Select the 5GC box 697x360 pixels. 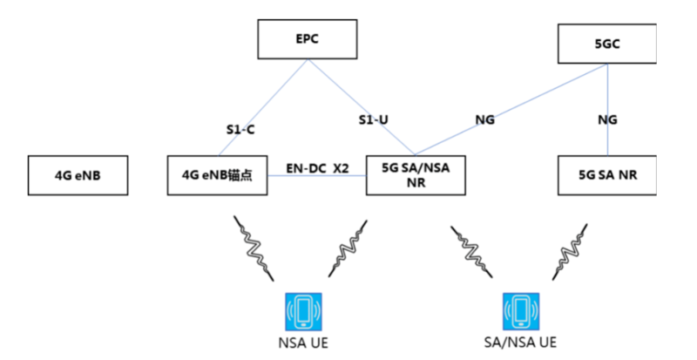(607, 44)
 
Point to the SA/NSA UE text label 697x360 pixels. (519, 343)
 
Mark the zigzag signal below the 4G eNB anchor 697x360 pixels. (254, 247)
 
